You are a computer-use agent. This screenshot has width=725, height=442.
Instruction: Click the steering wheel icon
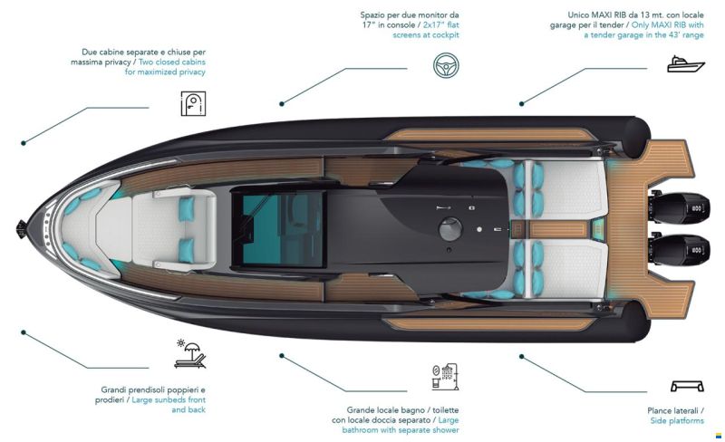446,65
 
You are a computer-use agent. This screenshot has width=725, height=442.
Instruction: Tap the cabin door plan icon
193,103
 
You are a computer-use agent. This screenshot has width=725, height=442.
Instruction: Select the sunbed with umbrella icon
190,354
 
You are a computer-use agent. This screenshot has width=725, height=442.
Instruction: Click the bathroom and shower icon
445,377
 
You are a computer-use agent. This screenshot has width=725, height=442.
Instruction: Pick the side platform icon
687,386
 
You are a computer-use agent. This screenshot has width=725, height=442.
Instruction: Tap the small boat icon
685,64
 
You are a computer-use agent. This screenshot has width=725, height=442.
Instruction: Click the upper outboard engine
678,208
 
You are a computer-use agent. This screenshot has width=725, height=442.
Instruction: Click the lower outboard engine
678,251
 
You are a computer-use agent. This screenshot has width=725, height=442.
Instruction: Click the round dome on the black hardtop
450,229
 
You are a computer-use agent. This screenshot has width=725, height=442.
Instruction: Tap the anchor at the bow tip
21,229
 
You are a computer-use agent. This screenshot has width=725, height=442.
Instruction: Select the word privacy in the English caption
190,72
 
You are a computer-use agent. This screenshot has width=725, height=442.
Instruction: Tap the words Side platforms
677,421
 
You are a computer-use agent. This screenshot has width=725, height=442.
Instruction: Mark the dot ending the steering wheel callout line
282,104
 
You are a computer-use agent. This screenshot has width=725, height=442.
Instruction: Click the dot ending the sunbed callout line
24,332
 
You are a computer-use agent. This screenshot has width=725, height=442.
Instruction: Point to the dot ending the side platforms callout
522,357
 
